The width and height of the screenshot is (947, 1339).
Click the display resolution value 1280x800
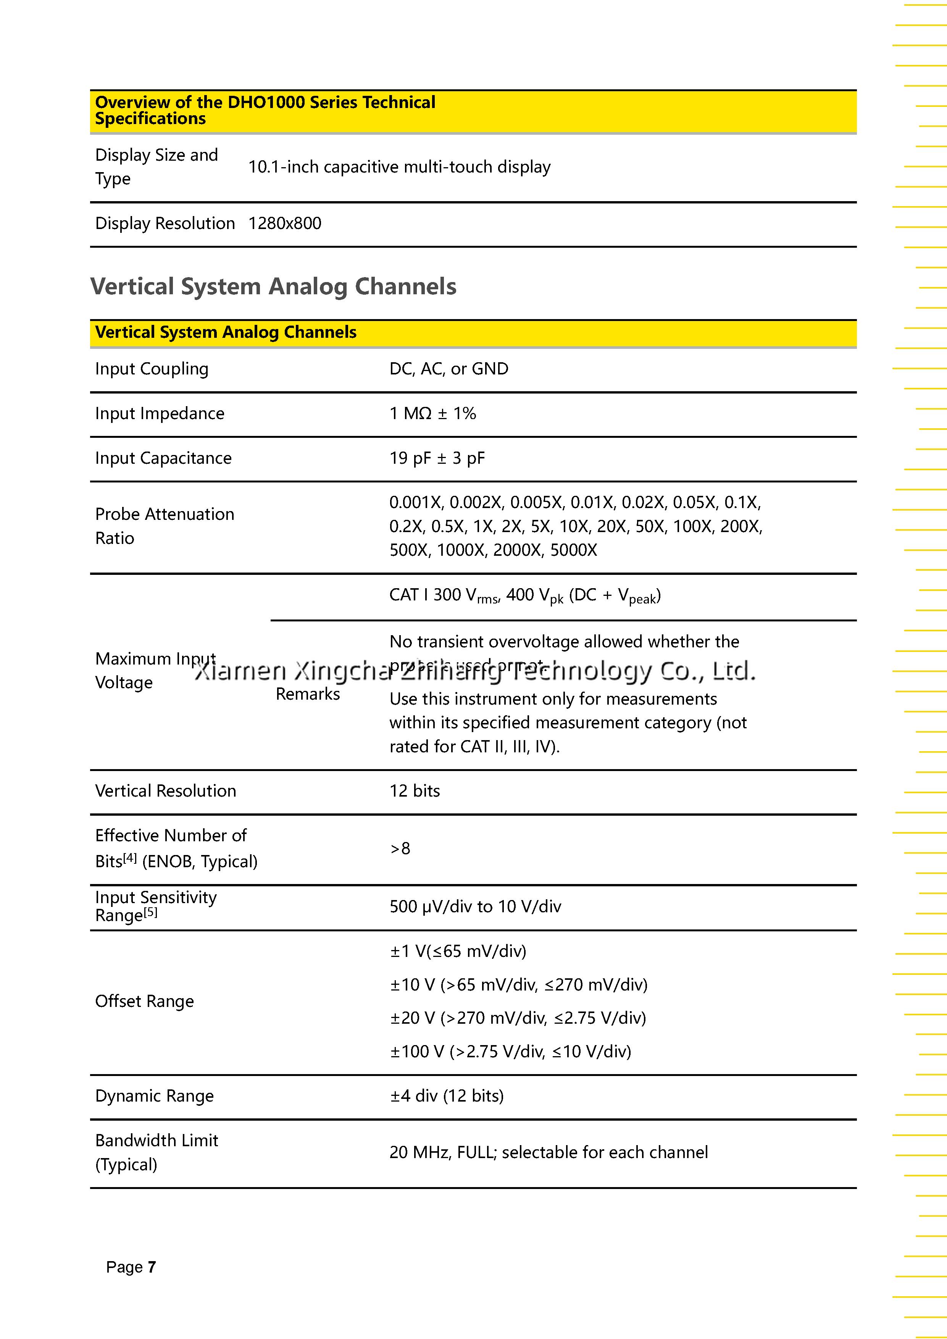(285, 223)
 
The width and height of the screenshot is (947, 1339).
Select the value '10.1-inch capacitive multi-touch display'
(399, 167)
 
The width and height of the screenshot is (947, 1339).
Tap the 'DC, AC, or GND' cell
(448, 369)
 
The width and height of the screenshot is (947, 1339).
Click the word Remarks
(307, 694)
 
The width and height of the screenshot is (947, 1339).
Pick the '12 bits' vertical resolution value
(414, 791)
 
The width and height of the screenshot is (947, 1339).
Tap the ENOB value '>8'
(400, 849)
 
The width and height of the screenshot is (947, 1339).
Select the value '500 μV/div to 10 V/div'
(475, 906)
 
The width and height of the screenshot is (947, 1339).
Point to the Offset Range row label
(144, 1001)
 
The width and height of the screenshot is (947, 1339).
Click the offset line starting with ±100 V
(510, 1052)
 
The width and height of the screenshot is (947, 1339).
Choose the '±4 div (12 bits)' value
(447, 1096)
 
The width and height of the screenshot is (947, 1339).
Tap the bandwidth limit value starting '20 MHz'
(548, 1152)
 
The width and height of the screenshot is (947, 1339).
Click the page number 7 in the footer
(152, 1267)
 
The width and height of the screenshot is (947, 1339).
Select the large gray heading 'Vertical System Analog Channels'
(273, 286)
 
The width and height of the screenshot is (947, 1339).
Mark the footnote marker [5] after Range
(150, 912)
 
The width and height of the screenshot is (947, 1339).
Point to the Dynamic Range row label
(154, 1096)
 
